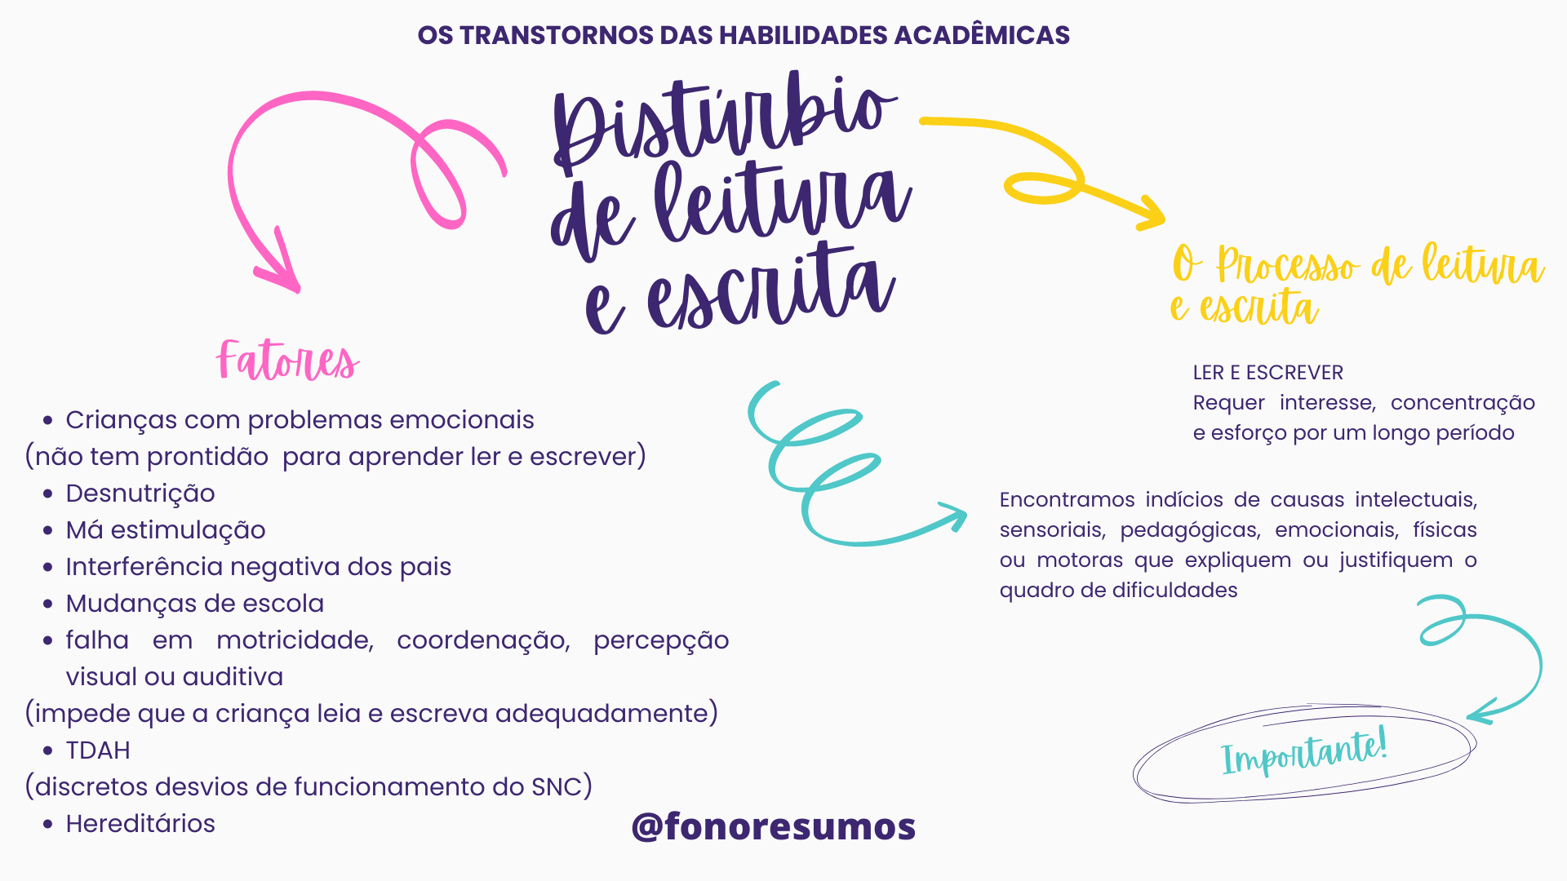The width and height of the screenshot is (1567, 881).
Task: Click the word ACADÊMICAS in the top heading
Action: pos(982,35)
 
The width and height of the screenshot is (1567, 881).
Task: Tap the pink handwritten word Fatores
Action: pos(287,361)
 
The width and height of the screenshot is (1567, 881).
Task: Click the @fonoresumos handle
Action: pos(773,826)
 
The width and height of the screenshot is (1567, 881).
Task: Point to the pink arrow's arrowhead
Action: pos(286,273)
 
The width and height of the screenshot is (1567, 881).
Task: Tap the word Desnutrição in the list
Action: pos(140,494)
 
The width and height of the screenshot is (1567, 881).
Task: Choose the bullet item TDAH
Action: pos(98,750)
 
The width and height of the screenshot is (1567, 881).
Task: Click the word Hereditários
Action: pos(140,824)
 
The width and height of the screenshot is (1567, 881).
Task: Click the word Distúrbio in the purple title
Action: pos(722,122)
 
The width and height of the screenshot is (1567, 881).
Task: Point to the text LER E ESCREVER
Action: pos(1267,373)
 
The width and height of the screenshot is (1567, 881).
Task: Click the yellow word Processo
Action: pos(1287,266)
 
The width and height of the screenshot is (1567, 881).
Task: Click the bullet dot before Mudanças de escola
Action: pos(48,604)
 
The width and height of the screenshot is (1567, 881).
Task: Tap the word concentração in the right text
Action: pos(1463,403)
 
